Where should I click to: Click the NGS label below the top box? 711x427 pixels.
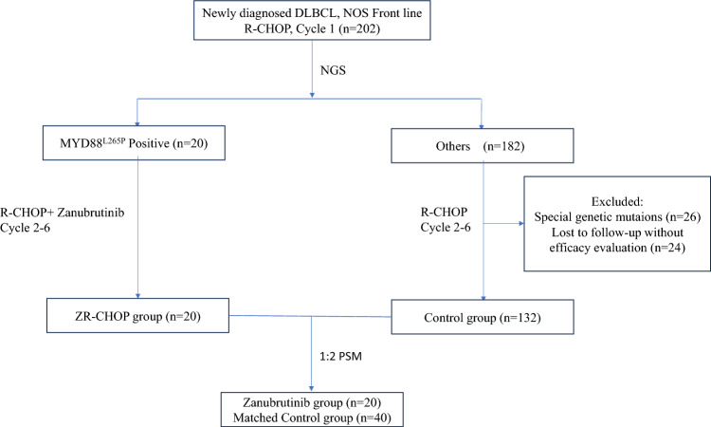[333, 70]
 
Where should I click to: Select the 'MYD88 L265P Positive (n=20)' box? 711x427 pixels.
[134, 143]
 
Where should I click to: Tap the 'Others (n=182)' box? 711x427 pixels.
[483, 146]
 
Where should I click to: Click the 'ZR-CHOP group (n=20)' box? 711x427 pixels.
[137, 315]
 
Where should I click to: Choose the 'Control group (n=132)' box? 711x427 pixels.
[483, 317]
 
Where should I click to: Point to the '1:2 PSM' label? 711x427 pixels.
[341, 357]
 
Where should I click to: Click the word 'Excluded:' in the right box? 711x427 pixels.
[617, 202]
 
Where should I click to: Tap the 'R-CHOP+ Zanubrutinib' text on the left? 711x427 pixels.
[63, 213]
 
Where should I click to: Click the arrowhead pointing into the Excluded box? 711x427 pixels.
[521, 223]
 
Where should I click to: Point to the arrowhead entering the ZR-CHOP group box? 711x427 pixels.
[137, 296]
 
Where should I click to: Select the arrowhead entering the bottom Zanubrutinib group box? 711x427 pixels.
[312, 388]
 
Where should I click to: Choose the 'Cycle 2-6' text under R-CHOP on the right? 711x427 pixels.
[446, 228]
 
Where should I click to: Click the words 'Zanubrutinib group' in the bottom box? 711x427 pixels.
[293, 402]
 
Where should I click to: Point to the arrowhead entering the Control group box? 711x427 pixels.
[483, 298]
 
